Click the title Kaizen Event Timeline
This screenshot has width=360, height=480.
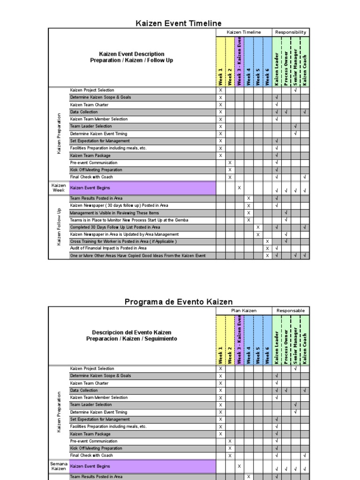click(179, 23)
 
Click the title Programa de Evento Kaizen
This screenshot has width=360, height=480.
click(179, 302)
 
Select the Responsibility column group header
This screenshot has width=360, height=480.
click(291, 32)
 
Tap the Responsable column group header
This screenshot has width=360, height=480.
click(291, 311)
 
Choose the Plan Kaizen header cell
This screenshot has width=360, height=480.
click(244, 311)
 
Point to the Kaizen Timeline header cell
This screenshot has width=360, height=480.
click(244, 32)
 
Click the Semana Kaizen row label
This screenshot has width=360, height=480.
click(59, 466)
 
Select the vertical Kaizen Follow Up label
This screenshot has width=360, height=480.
click(59, 227)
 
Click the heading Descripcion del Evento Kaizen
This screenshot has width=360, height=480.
click(132, 332)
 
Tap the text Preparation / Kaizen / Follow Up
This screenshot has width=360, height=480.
click(132, 60)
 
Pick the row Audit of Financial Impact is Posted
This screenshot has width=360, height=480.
click(108, 248)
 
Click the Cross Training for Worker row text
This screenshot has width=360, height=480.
click(123, 241)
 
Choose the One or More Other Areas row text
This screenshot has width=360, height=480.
click(137, 255)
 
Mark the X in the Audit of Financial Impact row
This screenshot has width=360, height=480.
click(267, 248)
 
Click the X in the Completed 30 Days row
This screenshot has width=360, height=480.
click(258, 227)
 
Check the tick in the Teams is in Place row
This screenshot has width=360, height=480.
click(286, 220)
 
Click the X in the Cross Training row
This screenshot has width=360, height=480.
click(267, 241)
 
